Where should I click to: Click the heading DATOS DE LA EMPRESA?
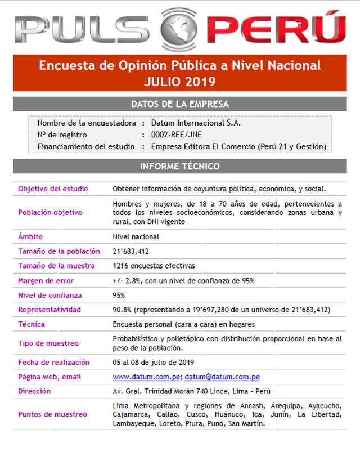pos(179,104)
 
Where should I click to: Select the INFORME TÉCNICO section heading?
pos(179,167)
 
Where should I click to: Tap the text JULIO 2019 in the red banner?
pos(179,82)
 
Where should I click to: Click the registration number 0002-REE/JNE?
pos(177,135)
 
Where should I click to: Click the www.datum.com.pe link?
pos(147,377)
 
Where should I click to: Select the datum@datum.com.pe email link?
pos(222,377)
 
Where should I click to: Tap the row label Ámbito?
pos(30,237)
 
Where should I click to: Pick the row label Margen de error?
pos(46,280)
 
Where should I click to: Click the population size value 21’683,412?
pos(131,251)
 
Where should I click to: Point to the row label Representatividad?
pos(49,310)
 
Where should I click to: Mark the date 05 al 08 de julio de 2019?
pos(154,362)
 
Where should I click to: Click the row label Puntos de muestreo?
pos(52,414)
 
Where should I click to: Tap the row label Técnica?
pos(31,324)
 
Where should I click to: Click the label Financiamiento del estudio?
pos(86,146)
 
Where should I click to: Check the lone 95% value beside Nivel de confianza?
pos(119,295)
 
